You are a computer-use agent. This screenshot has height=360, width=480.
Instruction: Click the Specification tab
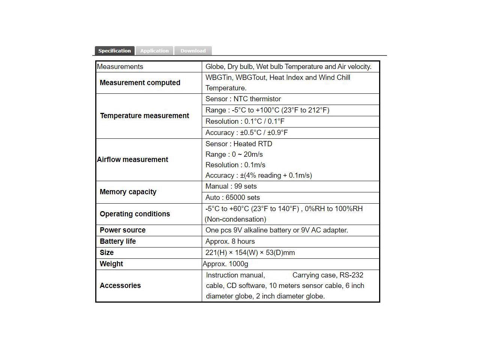[114, 51]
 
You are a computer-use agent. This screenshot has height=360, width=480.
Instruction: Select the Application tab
[154, 51]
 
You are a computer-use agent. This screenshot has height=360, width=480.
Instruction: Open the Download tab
[193, 51]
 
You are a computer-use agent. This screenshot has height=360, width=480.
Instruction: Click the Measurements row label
[120, 67]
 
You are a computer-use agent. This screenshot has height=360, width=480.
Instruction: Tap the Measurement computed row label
[140, 82]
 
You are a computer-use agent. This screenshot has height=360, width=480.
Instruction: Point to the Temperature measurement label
[144, 115]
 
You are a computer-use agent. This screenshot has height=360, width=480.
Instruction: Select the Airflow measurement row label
[132, 159]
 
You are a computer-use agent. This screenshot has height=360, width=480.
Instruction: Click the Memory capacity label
[128, 192]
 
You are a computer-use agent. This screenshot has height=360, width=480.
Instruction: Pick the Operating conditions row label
[135, 214]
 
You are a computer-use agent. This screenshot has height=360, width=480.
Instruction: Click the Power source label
[123, 230]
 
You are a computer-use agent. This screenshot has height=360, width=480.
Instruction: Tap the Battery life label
[118, 241]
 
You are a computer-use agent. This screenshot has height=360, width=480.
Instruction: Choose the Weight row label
[111, 264]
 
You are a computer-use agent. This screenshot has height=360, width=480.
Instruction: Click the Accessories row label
[120, 285]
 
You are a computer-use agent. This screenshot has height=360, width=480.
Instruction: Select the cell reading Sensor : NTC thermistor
[243, 99]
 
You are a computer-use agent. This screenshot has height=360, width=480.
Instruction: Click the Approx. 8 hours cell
[230, 241]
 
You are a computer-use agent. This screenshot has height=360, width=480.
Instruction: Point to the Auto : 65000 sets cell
[232, 197]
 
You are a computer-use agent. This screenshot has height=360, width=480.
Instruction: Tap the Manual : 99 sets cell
[231, 186]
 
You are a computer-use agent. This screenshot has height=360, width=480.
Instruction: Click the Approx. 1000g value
[225, 264]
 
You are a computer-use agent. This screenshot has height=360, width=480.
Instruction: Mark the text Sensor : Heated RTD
[238, 144]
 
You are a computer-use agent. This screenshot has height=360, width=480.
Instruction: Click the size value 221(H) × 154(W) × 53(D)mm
[250, 252]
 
